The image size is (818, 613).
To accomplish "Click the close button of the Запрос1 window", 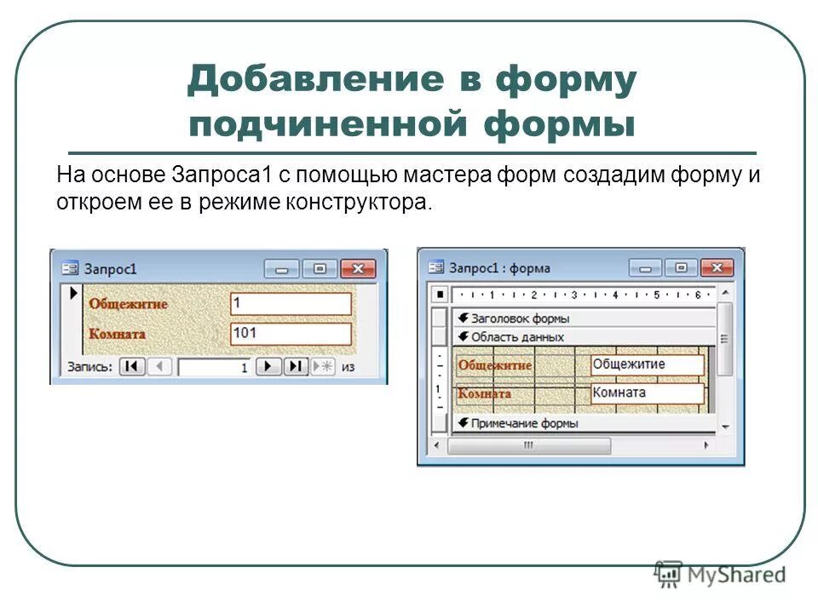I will [358, 268].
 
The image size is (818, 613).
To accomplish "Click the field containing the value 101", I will [291, 333].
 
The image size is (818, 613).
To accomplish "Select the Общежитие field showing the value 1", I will [291, 304].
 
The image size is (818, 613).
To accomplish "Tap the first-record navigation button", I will [131, 366].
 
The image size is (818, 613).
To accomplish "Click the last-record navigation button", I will [295, 366].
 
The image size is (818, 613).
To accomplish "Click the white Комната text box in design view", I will [648, 393].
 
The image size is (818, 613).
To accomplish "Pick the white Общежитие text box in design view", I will [648, 364].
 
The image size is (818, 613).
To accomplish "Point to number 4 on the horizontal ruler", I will [615, 295].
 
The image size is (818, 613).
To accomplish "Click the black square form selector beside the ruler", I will [440, 295].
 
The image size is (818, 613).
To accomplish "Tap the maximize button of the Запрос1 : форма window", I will [681, 267].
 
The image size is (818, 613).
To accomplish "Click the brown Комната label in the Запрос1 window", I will [117, 334].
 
